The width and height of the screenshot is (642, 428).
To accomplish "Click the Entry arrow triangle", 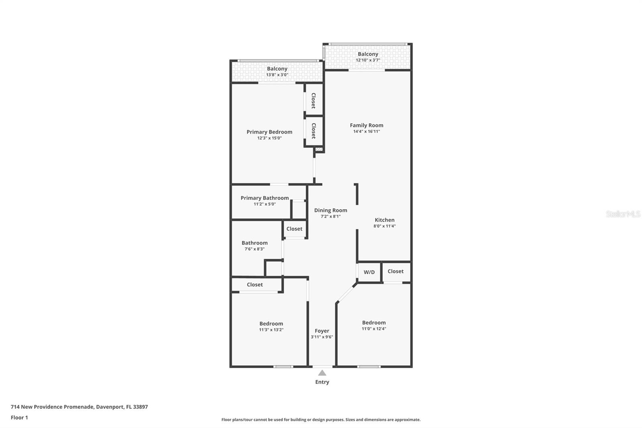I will pos(322,373).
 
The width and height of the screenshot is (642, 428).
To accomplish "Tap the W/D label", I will pos(369,272).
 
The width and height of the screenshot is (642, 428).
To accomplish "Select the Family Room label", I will pos(366,125).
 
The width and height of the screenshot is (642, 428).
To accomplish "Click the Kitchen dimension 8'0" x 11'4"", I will pos(384,226).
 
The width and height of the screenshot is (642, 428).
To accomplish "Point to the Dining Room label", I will pos(331,210).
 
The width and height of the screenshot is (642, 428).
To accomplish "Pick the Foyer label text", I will pos(322,331).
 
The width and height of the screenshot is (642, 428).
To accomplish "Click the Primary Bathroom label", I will pos(264,198).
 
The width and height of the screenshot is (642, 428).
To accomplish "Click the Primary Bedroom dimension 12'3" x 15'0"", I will pos(269,138).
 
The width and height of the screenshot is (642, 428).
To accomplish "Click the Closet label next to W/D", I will pos(395,271).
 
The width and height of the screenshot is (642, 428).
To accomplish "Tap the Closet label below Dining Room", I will pos(294,229).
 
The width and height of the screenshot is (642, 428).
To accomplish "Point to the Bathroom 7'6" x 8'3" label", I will pos(254,243).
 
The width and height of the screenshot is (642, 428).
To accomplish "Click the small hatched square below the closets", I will pos(319,149).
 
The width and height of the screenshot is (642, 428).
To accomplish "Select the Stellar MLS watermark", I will pos(623,214).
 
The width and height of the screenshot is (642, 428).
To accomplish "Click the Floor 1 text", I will pos(19,418).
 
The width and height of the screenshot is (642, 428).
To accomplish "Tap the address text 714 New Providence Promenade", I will pos(79,407).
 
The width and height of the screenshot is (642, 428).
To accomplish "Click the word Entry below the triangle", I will pos(322,382).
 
